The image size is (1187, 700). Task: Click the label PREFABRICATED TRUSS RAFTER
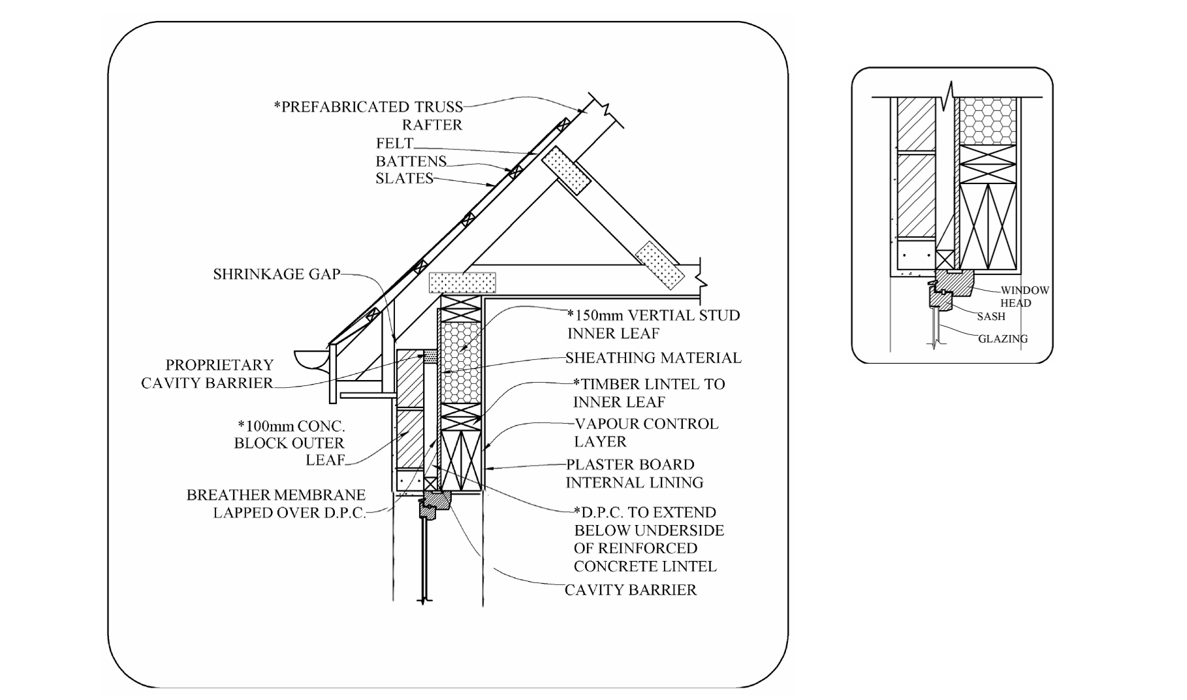(x=368, y=116)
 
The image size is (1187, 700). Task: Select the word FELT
(x=394, y=143)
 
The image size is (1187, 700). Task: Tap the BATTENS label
(x=411, y=161)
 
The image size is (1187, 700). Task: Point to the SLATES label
(x=404, y=178)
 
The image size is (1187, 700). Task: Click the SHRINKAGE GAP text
(x=276, y=274)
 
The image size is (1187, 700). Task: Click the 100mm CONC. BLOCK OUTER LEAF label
(x=290, y=443)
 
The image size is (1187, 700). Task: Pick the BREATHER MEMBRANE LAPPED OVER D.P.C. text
(x=276, y=503)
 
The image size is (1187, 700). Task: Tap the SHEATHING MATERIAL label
(x=653, y=358)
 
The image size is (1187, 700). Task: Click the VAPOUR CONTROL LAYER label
(x=645, y=432)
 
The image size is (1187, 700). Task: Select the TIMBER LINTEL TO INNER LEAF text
(x=648, y=392)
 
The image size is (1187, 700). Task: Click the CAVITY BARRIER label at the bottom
(x=630, y=590)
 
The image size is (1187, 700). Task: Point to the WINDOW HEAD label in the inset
(x=1024, y=296)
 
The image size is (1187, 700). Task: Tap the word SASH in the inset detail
(x=990, y=317)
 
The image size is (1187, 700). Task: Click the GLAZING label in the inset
(x=1002, y=339)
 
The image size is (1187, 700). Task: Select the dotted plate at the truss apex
(x=565, y=170)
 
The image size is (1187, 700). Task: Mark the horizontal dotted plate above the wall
(x=462, y=283)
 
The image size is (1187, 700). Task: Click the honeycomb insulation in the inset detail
(x=987, y=121)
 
